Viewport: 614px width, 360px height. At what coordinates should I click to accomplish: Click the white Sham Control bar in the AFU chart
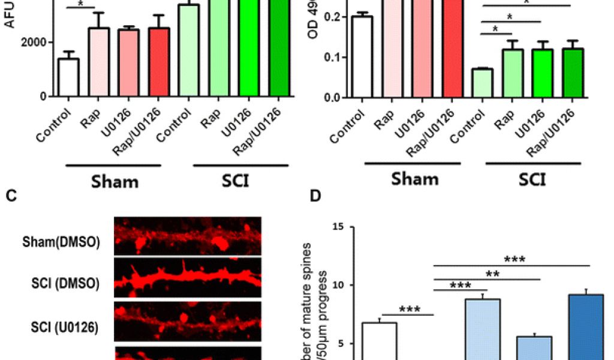68,77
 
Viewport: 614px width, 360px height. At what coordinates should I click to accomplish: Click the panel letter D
316,196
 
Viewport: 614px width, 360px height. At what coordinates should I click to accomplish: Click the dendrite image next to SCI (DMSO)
187,278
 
